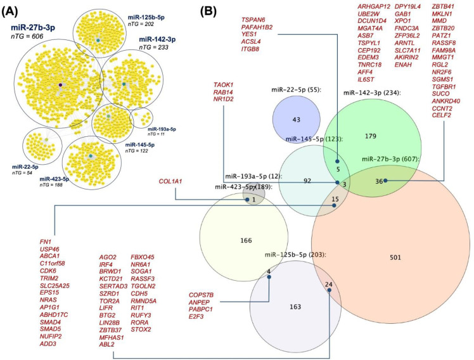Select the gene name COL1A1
pyautogui.click(x=170, y=182)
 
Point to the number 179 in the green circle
pyautogui.click(x=371, y=136)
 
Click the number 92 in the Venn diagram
pyautogui.click(x=307, y=181)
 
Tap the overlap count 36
pyautogui.click(x=380, y=181)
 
